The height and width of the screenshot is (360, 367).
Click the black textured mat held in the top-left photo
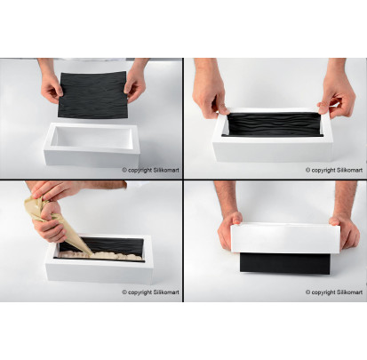coord(92,95)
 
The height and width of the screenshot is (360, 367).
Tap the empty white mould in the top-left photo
coord(92,145)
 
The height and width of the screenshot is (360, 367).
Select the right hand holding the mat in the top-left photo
coord(135,84)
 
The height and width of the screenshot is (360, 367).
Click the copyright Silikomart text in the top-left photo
coord(150,170)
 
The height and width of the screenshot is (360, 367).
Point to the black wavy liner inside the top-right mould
coord(273,124)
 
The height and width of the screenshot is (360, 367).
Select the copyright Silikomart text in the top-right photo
coord(334,170)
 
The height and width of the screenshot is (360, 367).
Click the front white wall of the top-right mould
coord(273,149)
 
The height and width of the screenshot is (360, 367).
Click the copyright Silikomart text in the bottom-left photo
coord(150,292)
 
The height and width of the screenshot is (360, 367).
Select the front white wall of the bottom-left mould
coord(100,271)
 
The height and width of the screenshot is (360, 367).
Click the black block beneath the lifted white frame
coord(285,263)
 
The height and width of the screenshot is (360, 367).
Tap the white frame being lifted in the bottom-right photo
coord(285,237)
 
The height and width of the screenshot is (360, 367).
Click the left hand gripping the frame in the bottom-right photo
coord(229,229)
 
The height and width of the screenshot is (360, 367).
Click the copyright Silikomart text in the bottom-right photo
coord(334,292)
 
